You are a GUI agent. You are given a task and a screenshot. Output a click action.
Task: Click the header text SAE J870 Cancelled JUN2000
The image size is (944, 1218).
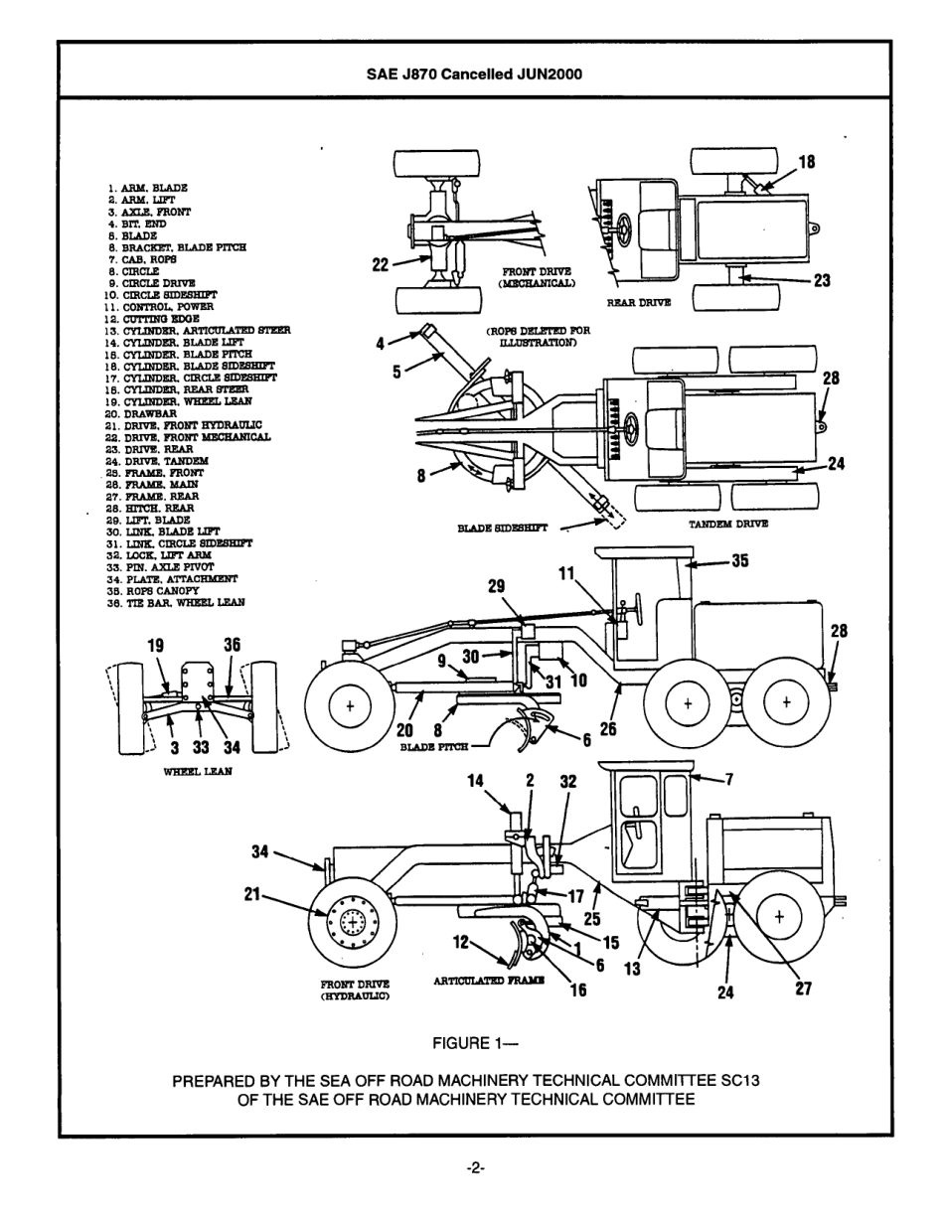pos(473,74)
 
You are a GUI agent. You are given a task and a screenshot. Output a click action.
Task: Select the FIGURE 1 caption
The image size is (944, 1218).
pos(476,1043)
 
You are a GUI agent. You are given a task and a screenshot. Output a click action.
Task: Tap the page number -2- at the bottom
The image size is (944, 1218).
pos(474,1168)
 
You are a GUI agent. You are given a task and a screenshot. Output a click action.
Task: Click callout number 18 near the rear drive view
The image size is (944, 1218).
pos(807,162)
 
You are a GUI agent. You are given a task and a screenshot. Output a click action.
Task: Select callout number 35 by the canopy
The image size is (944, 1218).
pos(739,561)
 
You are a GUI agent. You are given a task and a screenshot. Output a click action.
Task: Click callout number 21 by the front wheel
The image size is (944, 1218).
pos(253,894)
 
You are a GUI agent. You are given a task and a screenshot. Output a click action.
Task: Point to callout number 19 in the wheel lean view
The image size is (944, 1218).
pos(155,645)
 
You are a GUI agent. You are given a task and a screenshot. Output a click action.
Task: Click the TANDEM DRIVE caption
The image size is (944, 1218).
pos(728,524)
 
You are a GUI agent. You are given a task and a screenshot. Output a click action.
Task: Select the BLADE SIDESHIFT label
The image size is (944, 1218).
pos(502,529)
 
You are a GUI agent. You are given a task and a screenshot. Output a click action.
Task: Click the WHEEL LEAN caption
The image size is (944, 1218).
pos(197,772)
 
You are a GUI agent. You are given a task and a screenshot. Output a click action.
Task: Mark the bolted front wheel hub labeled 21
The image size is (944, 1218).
pos(354,924)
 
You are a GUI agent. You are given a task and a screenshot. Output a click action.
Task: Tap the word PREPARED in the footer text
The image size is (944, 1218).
pos(212,1081)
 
